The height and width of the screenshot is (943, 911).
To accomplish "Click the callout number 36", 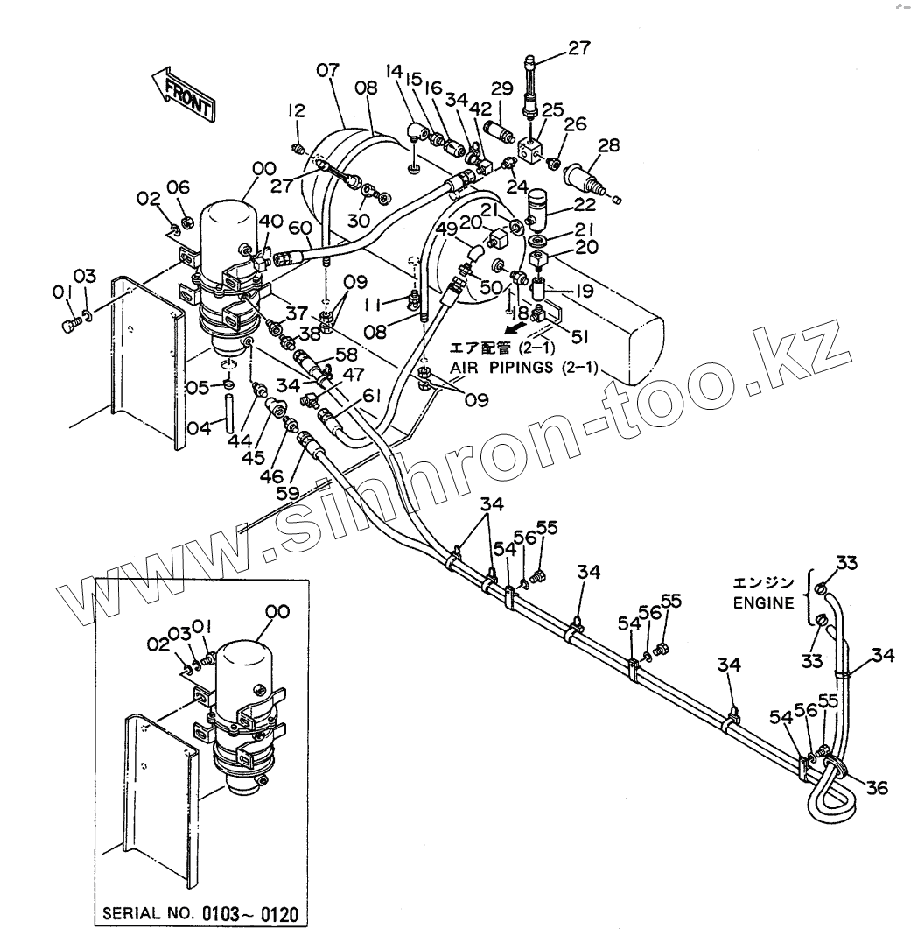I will click(876, 788).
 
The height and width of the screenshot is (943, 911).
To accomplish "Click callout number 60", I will click(300, 229).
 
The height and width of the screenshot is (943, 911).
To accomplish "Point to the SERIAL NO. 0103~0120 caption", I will click(200, 916).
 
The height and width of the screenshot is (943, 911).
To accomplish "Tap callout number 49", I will click(445, 230).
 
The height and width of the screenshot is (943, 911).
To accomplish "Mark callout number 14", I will click(394, 74).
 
